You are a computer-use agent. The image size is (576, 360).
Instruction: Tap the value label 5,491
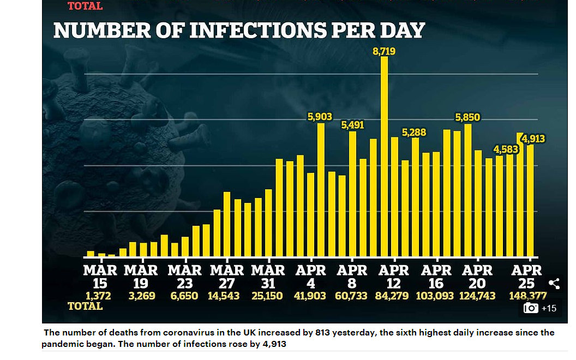tap(352, 125)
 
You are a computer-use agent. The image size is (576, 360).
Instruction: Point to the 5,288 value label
tap(414, 132)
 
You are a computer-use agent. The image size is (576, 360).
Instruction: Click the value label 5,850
tap(468, 117)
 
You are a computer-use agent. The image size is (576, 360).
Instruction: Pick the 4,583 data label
tap(506, 149)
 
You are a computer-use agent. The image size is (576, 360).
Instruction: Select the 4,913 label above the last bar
tap(533, 139)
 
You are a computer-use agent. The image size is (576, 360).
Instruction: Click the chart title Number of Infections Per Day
tap(239, 31)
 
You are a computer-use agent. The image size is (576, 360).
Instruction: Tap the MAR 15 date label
tap(100, 277)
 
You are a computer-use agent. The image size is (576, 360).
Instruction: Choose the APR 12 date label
tap(394, 277)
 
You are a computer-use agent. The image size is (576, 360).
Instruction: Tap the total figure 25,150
tap(268, 296)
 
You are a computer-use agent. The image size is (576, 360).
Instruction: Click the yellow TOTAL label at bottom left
tap(85, 306)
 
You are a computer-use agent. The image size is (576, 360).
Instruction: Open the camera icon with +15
tap(540, 308)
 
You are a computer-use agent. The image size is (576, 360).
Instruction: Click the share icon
tap(554, 284)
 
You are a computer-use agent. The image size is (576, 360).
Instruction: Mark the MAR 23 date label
tap(184, 277)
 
